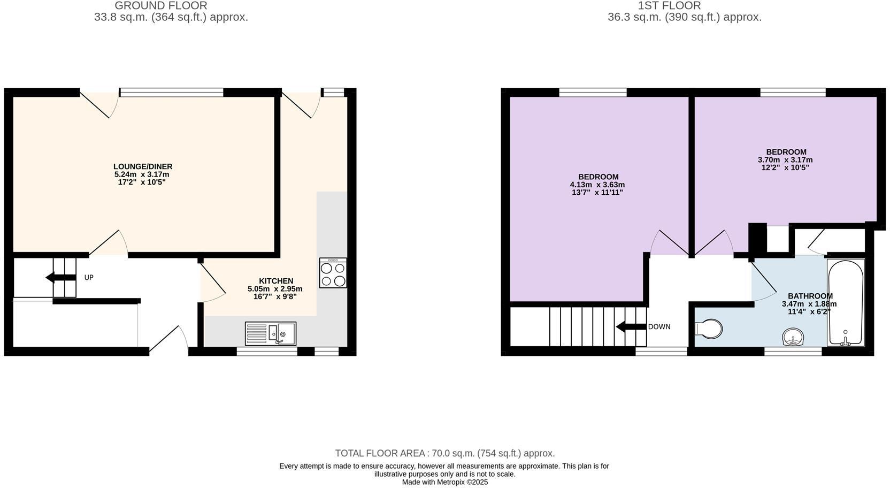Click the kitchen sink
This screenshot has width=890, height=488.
(x=271, y=333)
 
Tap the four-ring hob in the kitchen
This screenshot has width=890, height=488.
(x=333, y=273)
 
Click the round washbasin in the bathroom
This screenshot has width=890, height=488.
(x=793, y=337)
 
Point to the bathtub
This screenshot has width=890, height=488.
(x=845, y=302)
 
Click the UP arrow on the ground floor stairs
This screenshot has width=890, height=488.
(x=60, y=277)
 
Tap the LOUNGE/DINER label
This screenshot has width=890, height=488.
(x=143, y=166)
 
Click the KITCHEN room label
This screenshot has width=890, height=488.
(x=276, y=281)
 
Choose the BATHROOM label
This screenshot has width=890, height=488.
(x=810, y=296)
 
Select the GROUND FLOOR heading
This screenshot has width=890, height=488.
(x=161, y=6)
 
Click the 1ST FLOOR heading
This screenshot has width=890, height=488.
(x=669, y=6)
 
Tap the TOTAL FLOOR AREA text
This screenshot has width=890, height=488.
(x=445, y=453)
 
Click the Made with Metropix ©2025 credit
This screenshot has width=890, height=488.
(x=445, y=482)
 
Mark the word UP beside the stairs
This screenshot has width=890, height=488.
(x=89, y=277)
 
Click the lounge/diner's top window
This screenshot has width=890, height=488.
(x=171, y=93)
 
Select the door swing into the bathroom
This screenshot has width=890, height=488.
(x=763, y=281)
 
